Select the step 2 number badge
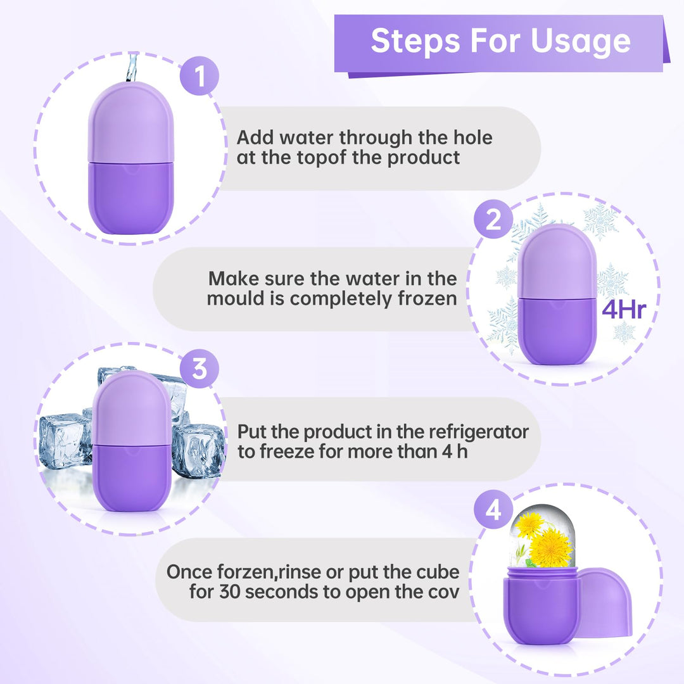click(x=493, y=219)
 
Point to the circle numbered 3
click(x=199, y=368)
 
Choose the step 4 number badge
click(x=493, y=510)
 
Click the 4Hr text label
click(x=624, y=311)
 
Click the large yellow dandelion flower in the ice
click(x=550, y=548)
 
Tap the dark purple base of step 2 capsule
click(x=557, y=329)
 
